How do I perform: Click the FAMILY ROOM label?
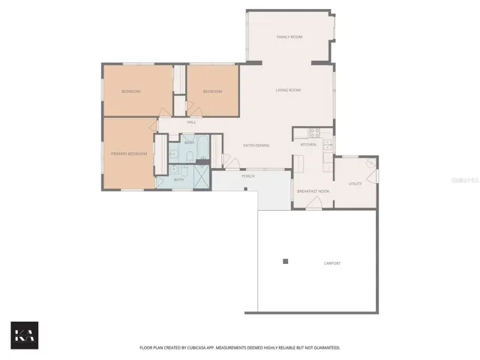pos(289,37)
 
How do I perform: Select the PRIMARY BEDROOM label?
pos(129,154)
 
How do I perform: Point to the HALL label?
pos(191,122)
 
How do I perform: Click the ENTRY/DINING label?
pos(256,145)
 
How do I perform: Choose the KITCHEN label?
pos(308,144)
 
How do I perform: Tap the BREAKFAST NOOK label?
pos(313,192)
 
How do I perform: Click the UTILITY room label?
pos(355,183)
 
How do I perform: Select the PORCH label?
pos(247,176)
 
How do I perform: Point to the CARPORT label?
pos(331,263)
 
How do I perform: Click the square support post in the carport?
pos(285,261)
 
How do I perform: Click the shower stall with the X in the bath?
pos(202,177)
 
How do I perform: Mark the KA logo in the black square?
pos(24,335)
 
